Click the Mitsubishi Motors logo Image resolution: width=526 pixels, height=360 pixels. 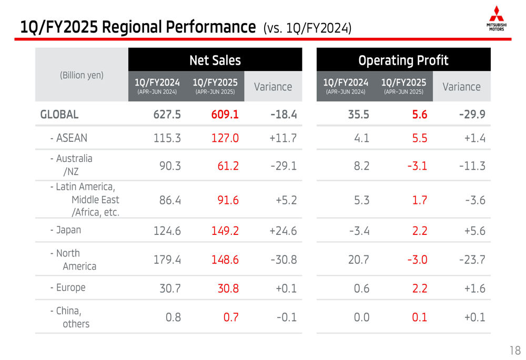coord(496,18)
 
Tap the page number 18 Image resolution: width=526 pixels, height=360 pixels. coord(515,350)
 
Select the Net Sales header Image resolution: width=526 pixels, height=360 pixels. coord(215,60)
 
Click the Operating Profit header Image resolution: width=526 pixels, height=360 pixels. coord(403,60)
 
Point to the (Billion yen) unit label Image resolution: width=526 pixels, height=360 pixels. coord(82,75)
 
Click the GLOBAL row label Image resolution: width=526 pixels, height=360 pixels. coord(59,114)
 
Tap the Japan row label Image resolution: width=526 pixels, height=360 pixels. coord(66,230)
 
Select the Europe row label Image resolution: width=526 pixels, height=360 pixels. coord(68,287)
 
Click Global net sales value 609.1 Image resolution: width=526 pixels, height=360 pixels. coord(225,114)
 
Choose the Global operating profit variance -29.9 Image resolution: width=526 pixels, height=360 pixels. coord(471,114)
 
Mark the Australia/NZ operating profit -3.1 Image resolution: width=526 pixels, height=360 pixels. coord(417,166)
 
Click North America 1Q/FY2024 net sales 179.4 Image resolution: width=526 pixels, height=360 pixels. coord(167,260)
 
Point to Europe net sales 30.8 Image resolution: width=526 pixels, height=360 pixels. coord(228,288)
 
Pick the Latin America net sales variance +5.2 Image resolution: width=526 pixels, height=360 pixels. coord(286,200)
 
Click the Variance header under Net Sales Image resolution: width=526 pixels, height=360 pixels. coord(272,87)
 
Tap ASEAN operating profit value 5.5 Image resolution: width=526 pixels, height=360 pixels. coord(419,138)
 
